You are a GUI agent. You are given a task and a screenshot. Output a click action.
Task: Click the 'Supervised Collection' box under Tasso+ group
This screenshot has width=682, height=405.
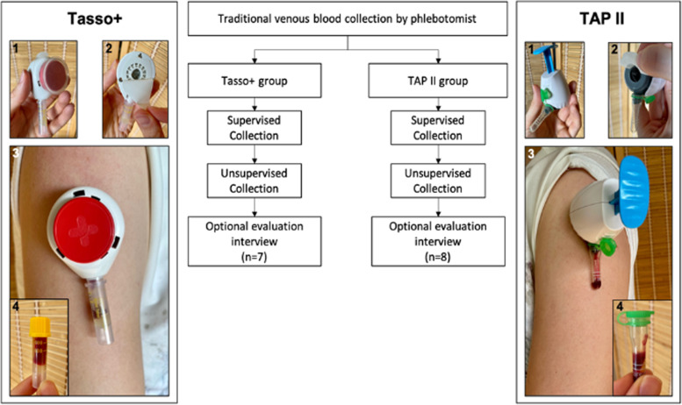(254, 127)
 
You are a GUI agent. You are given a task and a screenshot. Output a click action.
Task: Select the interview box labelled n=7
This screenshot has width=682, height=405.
(254, 240)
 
